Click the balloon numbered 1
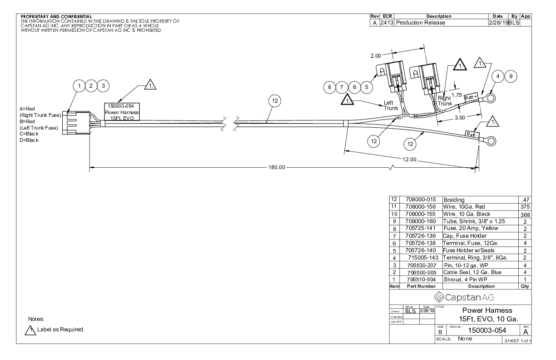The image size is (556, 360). [79, 85]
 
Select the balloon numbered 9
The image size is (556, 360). [511, 76]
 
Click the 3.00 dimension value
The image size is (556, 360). [460, 117]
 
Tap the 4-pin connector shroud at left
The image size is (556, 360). [77, 123]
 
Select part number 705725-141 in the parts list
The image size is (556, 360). [420, 228]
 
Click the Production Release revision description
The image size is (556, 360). [421, 22]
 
